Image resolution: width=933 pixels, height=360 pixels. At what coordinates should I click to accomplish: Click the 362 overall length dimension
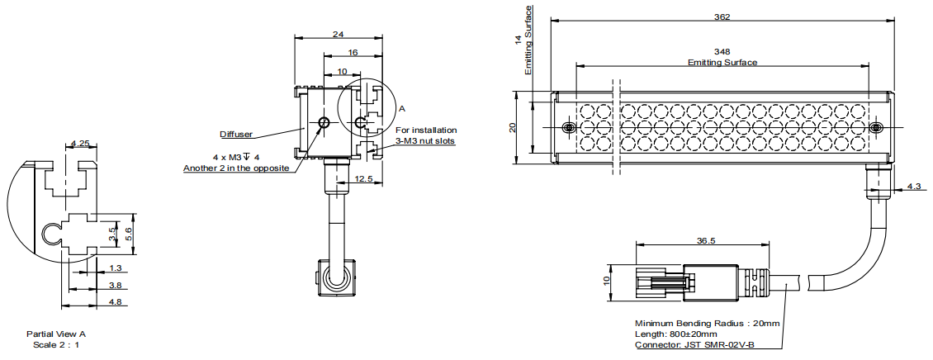(x=721, y=17)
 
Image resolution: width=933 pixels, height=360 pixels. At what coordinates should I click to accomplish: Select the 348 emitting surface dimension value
(x=722, y=52)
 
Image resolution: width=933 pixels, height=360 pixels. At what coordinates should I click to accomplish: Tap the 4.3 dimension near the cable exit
(x=913, y=187)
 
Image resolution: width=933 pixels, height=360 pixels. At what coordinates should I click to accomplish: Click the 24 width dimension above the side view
(x=338, y=34)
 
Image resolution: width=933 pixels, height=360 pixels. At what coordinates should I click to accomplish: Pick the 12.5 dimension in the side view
(x=364, y=178)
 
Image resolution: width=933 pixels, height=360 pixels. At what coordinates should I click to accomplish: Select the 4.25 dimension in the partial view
(x=80, y=144)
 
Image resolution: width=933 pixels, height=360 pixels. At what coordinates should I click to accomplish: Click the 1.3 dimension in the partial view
(x=115, y=268)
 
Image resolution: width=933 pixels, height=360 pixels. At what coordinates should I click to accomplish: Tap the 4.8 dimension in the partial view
(x=115, y=302)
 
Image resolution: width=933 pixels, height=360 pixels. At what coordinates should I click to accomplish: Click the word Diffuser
(x=236, y=134)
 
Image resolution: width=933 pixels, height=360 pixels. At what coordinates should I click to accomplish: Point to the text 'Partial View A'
(x=56, y=334)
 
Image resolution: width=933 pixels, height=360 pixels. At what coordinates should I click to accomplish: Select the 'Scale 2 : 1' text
(x=56, y=344)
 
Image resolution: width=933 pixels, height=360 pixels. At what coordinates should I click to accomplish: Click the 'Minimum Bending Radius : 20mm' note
(x=707, y=323)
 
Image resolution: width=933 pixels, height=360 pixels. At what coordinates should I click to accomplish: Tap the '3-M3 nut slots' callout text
(x=425, y=140)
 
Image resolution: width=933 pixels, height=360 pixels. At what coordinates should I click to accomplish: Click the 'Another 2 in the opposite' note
(x=235, y=168)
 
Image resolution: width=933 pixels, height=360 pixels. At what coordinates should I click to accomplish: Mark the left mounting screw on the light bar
(x=568, y=128)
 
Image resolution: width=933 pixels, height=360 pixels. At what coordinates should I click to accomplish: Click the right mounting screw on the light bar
(x=876, y=128)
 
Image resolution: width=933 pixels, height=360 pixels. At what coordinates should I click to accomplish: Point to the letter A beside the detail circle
(x=403, y=108)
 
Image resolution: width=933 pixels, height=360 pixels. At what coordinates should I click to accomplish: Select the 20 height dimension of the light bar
(x=513, y=127)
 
